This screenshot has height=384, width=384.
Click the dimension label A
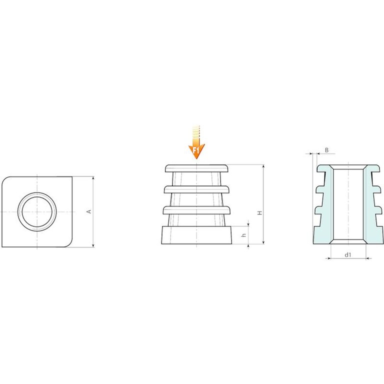[x=89, y=211]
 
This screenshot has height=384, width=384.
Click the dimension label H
[x=260, y=213]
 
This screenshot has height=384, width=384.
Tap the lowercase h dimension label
[x=243, y=235]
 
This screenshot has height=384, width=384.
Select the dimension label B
[x=326, y=150]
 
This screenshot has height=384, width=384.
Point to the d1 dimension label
[x=348, y=255]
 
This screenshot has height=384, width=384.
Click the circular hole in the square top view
[x=37, y=211]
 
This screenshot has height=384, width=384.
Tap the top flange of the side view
[x=196, y=168]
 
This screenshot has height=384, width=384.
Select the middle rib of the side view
[x=196, y=189]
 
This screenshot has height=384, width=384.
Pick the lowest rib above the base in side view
[x=196, y=210]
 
